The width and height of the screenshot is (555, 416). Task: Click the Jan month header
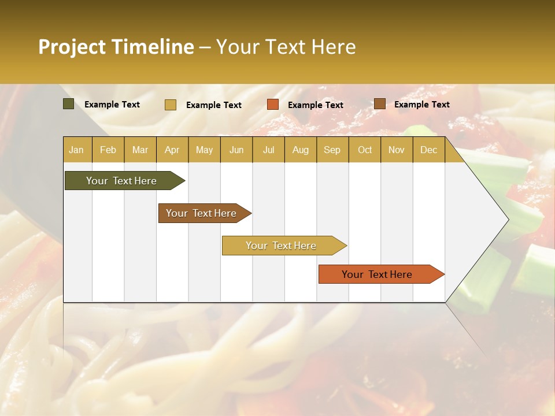[x=76, y=150]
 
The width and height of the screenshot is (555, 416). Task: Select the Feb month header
[x=108, y=150]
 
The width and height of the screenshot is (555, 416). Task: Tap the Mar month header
[x=140, y=150]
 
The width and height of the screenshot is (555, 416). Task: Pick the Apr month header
[x=172, y=150]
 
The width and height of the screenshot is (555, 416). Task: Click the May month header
[x=204, y=150]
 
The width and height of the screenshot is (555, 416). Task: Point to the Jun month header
[x=236, y=150]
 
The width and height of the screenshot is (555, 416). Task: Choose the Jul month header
[x=268, y=150]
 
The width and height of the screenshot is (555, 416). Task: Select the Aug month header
[x=300, y=150]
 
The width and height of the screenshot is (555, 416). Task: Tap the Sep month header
[x=332, y=150]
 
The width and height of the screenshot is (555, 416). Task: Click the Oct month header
[x=365, y=150]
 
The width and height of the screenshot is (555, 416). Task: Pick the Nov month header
[x=397, y=150]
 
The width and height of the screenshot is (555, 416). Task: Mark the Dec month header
[x=428, y=150]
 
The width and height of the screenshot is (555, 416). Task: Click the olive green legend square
[x=69, y=104]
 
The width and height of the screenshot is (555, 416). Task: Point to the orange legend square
[x=273, y=105]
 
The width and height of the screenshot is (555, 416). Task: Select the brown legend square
[x=379, y=104]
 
